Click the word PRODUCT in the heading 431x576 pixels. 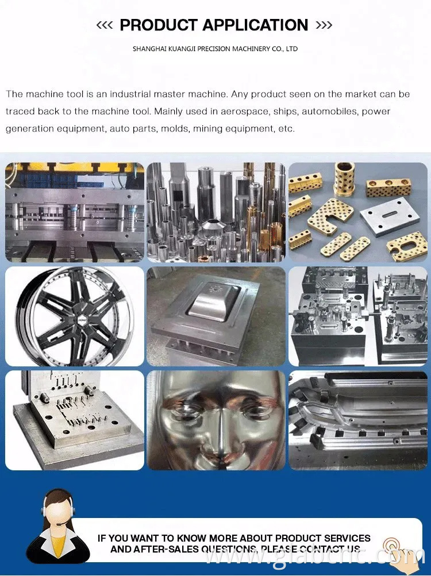pos(158,25)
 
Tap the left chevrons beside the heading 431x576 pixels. pos(104,25)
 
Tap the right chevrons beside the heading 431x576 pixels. pos(324,25)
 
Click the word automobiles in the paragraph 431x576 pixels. pos(330,111)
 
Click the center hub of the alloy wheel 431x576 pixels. pos(75,316)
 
